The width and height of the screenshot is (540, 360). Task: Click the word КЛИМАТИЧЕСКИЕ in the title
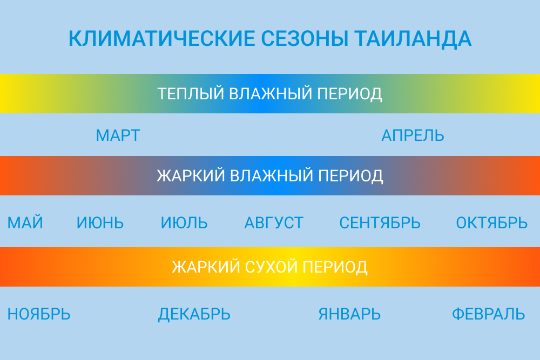click(x=161, y=38)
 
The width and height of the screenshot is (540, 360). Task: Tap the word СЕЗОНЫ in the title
click(x=305, y=38)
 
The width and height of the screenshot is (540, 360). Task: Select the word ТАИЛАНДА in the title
click(x=413, y=38)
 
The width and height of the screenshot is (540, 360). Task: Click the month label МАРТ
click(x=118, y=135)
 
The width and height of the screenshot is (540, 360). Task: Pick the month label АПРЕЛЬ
click(x=413, y=135)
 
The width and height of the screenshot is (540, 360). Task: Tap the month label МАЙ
click(x=25, y=222)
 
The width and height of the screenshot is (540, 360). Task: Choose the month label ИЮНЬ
click(x=100, y=223)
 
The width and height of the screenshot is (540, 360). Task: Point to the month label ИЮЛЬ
click(x=184, y=223)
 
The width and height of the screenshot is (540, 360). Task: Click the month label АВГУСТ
click(x=274, y=223)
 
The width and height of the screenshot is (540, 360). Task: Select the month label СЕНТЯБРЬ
click(x=380, y=223)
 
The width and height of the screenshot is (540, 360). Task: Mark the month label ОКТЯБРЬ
click(x=492, y=223)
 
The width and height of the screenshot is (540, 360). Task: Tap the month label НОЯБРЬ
click(x=39, y=314)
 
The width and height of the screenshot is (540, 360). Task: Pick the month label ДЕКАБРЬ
click(x=194, y=315)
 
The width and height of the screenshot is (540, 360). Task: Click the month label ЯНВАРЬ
click(x=349, y=314)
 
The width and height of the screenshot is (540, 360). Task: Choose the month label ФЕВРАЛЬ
click(x=488, y=314)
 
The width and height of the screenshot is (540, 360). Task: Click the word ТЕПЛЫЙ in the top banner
click(x=191, y=93)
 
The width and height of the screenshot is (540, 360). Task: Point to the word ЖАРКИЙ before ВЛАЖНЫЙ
click(x=191, y=175)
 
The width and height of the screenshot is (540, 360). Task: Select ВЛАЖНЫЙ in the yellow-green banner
click(x=271, y=93)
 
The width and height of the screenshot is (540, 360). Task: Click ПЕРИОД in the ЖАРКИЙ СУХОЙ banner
click(x=335, y=267)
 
